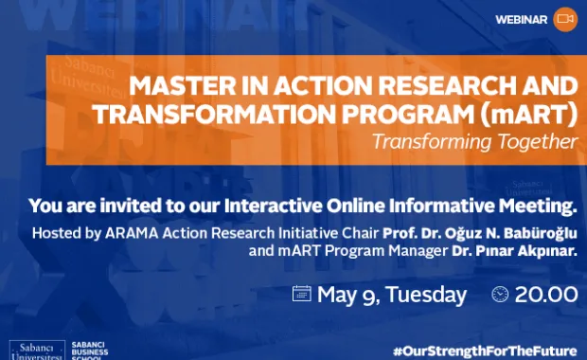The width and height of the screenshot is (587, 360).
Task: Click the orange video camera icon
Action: (565, 19)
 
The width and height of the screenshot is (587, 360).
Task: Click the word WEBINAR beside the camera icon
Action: (522, 20)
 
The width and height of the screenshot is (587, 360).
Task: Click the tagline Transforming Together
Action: (473, 142)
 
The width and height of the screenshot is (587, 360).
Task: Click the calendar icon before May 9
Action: (302, 294)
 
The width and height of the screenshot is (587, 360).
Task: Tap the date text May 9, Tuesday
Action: (392, 295)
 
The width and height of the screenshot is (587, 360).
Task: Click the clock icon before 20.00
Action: (501, 295)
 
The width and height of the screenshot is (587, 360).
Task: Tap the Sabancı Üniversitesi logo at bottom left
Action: (34, 349)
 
